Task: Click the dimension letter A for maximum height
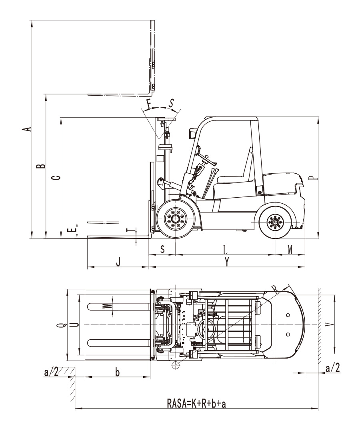(27, 129)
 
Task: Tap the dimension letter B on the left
(41, 166)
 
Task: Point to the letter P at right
(314, 178)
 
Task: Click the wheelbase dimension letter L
(225, 250)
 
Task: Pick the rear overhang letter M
(290, 250)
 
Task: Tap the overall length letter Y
(227, 261)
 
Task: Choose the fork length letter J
(118, 262)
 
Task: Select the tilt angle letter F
(149, 104)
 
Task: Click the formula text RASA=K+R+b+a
(196, 403)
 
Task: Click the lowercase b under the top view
(117, 372)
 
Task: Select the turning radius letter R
(274, 288)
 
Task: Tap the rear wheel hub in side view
(275, 223)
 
